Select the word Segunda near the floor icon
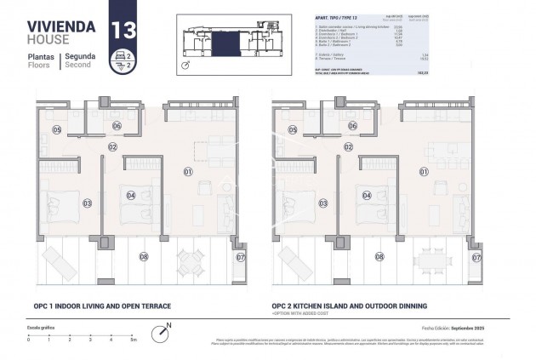80,55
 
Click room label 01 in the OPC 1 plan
187,172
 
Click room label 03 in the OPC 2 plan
322,203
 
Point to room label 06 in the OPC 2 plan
352,126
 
